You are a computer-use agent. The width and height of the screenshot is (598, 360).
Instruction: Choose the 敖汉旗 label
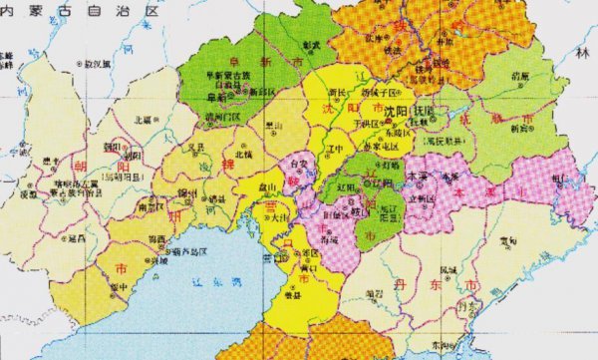[x=98, y=63]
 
